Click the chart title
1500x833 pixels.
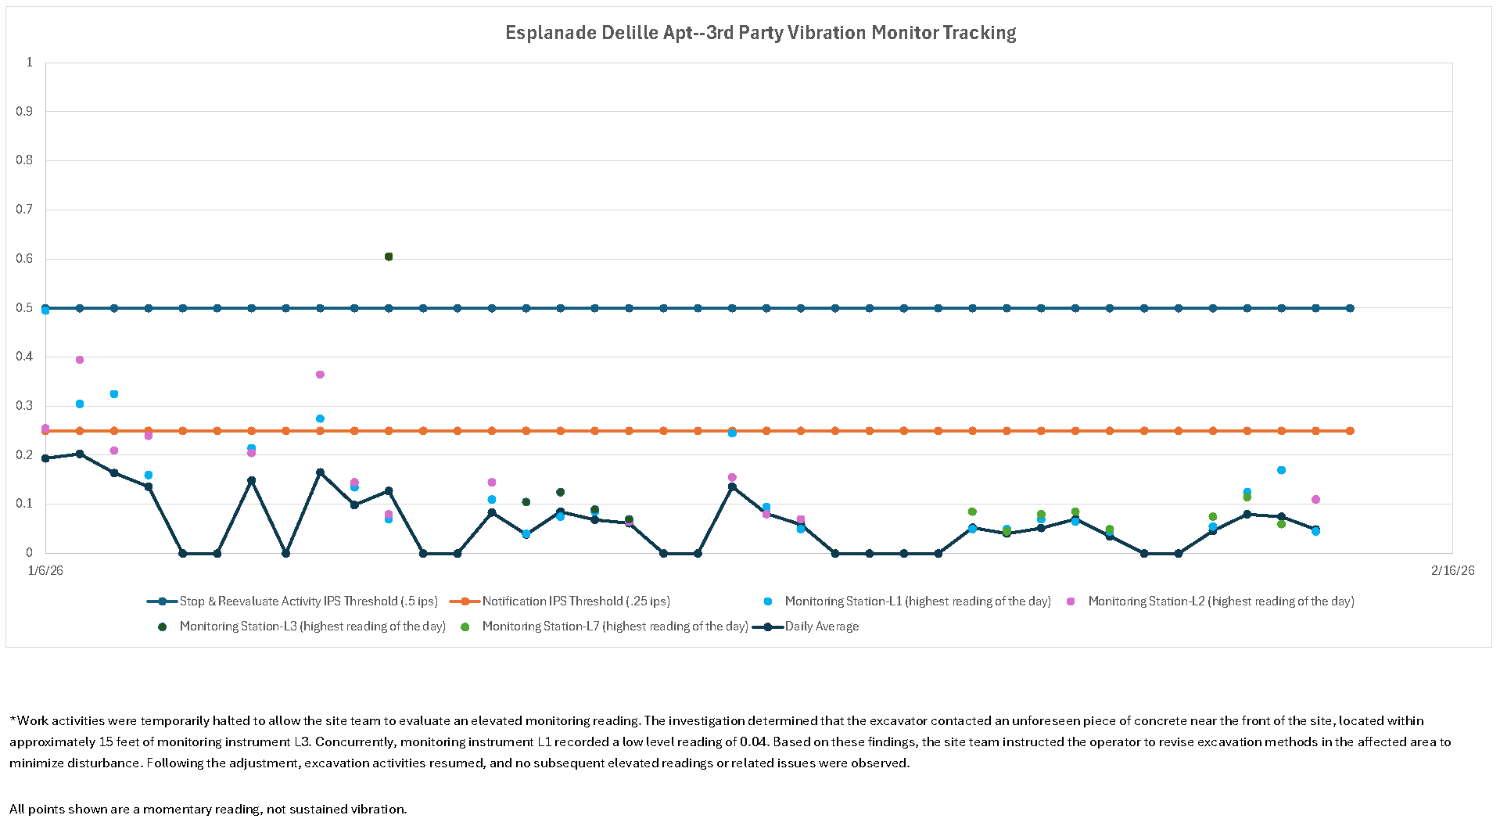point(760,33)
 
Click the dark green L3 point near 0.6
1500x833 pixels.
point(389,257)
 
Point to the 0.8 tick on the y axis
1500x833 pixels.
point(25,160)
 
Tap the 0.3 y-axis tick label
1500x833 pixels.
point(25,406)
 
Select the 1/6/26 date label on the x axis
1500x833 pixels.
point(45,571)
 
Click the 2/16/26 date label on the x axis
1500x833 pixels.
point(1452,571)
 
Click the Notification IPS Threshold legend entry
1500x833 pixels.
point(576,601)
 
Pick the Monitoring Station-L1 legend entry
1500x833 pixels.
point(917,601)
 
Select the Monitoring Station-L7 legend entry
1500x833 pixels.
point(615,627)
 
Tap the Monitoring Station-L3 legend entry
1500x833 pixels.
point(312,627)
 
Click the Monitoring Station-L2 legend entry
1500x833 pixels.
point(1221,601)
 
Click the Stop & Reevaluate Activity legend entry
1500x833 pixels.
point(308,601)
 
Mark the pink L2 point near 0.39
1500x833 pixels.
point(80,360)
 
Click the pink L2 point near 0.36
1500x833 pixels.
point(320,375)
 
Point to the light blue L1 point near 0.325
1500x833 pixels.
point(114,394)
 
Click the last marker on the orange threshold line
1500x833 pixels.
point(1350,431)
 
